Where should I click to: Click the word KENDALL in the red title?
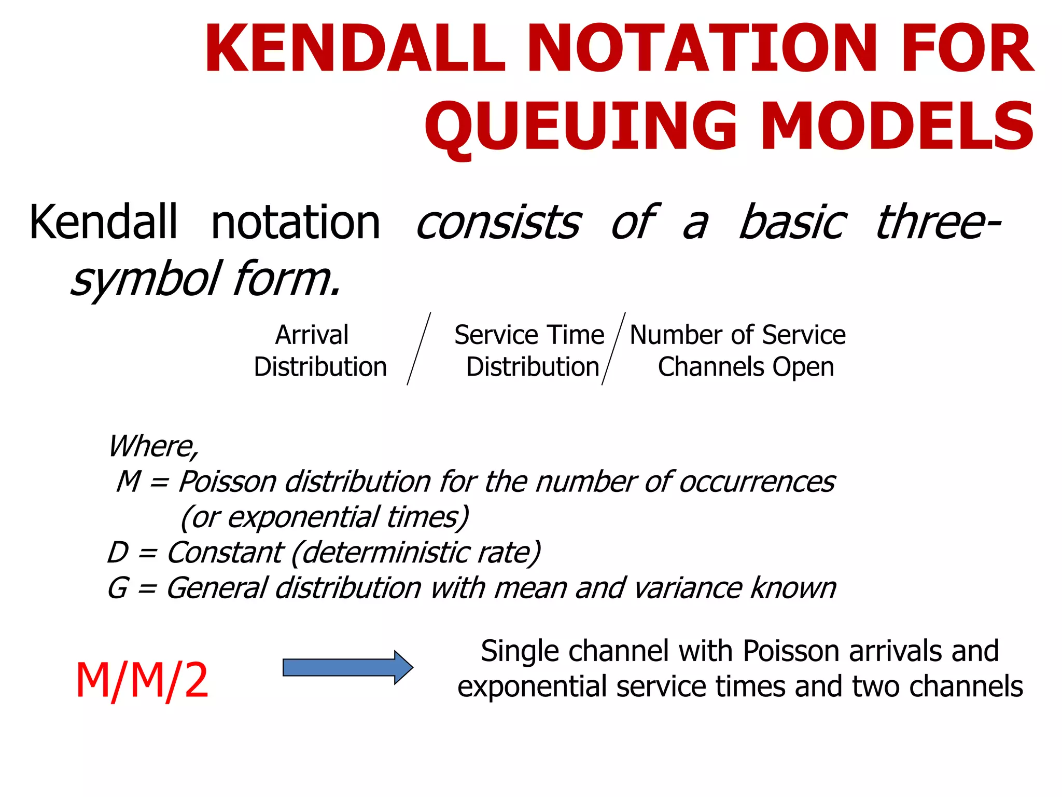coord(355,49)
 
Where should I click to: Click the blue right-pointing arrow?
coord(347,667)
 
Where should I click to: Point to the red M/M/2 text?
coord(142,681)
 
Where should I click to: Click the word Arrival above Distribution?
coord(312,335)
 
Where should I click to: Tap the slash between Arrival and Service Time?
coord(419,349)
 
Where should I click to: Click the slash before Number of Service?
coord(613,349)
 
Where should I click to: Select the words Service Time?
coord(529,335)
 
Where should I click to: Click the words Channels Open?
coord(746,367)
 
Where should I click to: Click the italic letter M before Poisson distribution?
coord(129,482)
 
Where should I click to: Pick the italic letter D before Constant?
coord(118,552)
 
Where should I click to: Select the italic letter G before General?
coord(118,588)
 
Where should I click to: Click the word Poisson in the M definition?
coord(227,482)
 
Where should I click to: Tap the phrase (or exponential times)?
coord(325,517)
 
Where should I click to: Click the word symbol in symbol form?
coord(145,279)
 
